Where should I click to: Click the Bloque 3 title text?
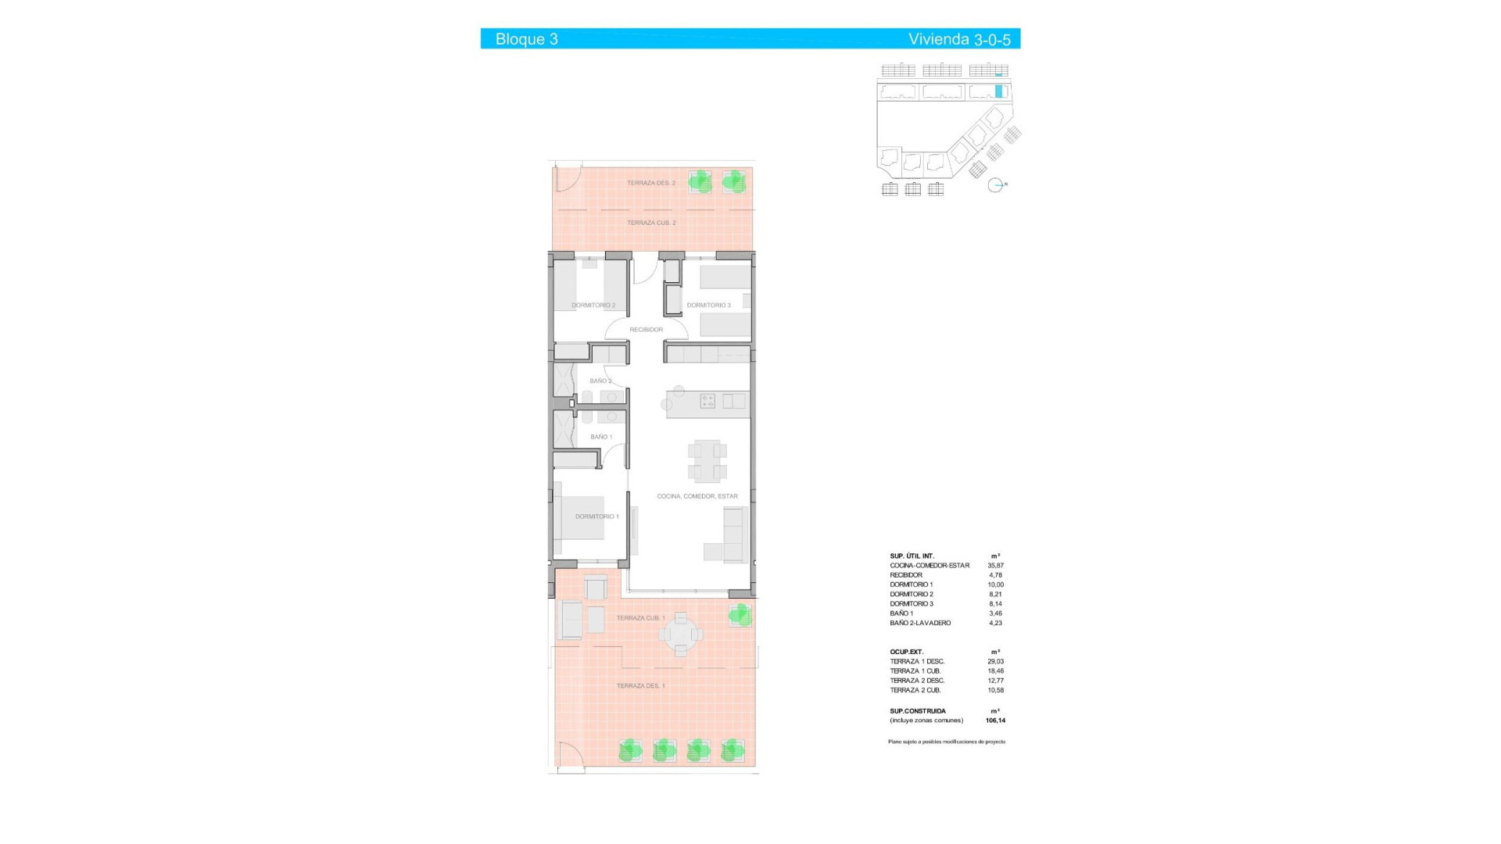526,39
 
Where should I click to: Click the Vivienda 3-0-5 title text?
959,39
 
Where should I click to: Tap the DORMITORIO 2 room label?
593,306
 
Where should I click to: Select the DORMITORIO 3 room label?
708,306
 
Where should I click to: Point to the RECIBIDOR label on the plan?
646,330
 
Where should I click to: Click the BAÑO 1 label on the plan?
601,437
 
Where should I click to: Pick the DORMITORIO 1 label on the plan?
596,517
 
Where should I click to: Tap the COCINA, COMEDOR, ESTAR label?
697,496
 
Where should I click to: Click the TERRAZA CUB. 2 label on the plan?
651,223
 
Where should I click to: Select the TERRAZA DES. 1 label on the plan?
640,686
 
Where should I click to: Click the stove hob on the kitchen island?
708,401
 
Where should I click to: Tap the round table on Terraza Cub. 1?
681,634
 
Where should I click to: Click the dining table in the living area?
707,461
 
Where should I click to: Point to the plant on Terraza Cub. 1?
740,615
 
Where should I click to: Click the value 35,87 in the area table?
995,566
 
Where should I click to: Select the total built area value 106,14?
995,721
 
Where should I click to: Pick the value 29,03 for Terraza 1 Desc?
995,662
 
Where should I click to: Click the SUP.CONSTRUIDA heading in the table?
918,711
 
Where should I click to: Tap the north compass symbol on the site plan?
996,185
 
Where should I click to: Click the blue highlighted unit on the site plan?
998,91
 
